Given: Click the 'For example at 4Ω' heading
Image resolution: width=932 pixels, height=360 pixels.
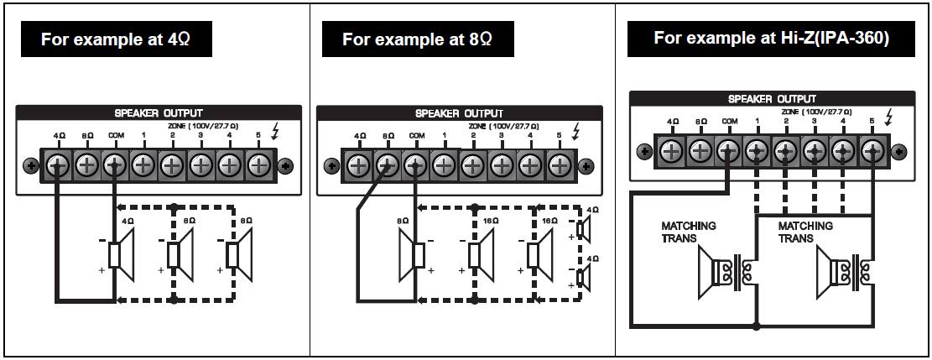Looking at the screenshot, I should click(115, 39).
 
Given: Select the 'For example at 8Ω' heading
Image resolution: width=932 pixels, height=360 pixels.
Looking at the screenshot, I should click(418, 39).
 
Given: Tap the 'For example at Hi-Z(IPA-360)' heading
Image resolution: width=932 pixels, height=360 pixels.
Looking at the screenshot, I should click(771, 38).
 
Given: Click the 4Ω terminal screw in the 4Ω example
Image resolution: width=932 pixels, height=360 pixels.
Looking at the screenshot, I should click(57, 164).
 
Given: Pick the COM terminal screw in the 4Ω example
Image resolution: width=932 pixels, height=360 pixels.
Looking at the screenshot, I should click(114, 164).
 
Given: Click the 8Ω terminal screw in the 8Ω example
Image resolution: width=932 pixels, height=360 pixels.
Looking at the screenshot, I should click(386, 165).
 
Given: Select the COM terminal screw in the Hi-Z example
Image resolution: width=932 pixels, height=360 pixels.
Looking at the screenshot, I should click(728, 152).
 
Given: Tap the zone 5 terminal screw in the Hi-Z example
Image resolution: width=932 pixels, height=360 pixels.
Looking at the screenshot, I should click(873, 152).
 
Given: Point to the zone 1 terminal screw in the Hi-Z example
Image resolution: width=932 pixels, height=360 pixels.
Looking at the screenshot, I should click(757, 152).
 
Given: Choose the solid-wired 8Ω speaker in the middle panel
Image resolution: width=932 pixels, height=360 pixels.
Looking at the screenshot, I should click(417, 255).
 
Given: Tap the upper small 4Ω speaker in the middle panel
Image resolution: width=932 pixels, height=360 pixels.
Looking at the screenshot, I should click(584, 228).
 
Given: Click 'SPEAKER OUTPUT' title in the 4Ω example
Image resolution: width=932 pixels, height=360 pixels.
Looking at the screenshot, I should click(159, 112).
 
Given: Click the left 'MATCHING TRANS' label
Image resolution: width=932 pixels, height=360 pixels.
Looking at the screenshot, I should click(687, 232).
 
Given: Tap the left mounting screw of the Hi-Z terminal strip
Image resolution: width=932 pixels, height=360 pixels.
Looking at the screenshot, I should click(644, 152).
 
